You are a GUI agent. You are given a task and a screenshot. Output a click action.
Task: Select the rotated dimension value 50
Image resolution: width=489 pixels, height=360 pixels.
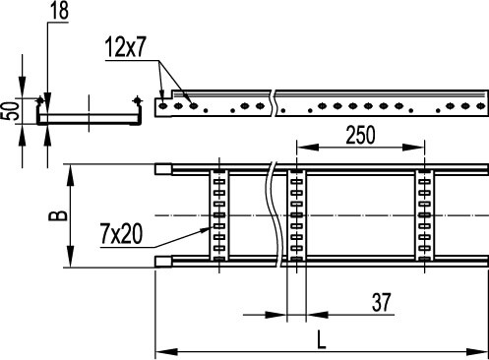(x=11, y=109)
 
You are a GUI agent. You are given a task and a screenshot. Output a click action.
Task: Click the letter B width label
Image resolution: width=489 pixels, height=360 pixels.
(x=59, y=213)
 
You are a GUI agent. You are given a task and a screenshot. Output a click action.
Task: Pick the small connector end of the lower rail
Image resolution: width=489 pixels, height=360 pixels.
(x=163, y=261)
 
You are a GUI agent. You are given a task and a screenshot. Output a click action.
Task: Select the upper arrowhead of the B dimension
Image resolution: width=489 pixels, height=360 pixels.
(x=69, y=170)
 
